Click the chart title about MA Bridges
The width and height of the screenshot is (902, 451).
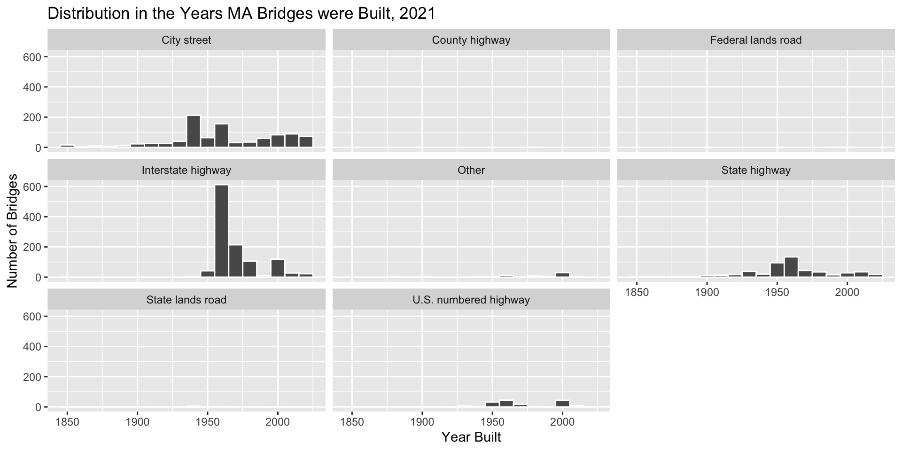pyautogui.click(x=241, y=14)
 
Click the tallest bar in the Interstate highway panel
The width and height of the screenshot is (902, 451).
pyautogui.click(x=222, y=231)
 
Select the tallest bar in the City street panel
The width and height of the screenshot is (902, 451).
pyautogui.click(x=194, y=132)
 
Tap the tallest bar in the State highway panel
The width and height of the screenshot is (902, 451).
pyautogui.click(x=791, y=267)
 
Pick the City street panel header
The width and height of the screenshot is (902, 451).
pyautogui.click(x=187, y=40)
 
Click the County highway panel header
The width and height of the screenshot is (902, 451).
pyautogui.click(x=471, y=40)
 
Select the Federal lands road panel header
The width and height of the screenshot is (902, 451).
pyautogui.click(x=755, y=40)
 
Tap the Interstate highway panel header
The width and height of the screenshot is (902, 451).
pyautogui.click(x=187, y=170)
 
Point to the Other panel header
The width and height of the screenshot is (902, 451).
pyautogui.click(x=471, y=170)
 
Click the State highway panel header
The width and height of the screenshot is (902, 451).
pyautogui.click(x=755, y=170)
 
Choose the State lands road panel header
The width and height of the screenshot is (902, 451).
pyautogui.click(x=187, y=300)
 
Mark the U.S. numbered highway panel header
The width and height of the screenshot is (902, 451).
pyautogui.click(x=471, y=300)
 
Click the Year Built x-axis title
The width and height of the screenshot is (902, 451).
pyautogui.click(x=471, y=437)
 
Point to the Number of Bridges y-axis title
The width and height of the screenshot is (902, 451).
pyautogui.click(x=13, y=230)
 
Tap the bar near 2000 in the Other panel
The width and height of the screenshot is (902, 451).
pyautogui.click(x=562, y=274)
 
